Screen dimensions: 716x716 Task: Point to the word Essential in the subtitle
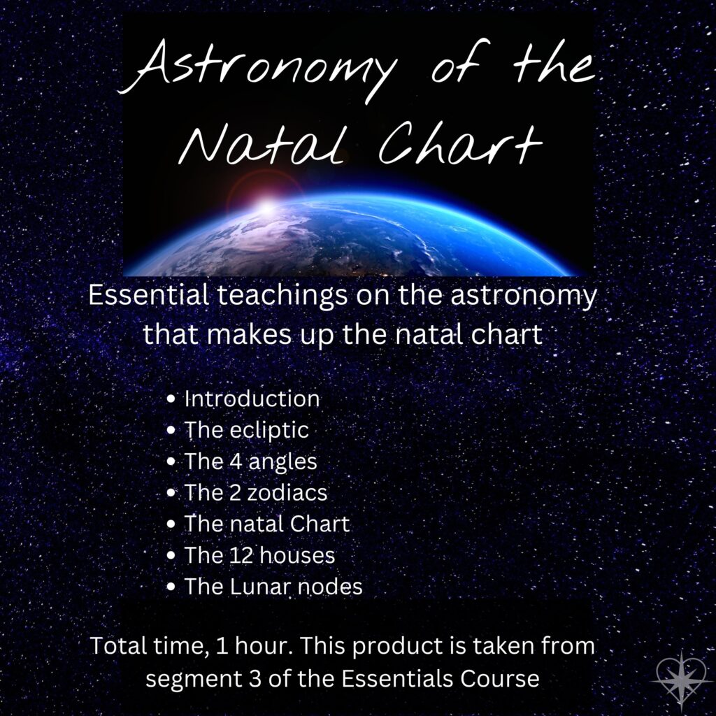coord(148,295)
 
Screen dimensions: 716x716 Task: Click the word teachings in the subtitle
coord(282,296)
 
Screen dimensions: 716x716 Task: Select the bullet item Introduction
coord(252,399)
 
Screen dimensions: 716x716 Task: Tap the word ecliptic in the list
coord(269,430)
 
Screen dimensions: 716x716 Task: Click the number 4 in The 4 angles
coord(236,461)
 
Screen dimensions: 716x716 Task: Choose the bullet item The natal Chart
coord(266,524)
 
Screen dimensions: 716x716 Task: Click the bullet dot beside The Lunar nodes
coord(171,587)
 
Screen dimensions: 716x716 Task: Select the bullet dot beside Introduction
coord(171,399)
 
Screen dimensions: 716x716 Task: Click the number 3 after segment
coord(255,678)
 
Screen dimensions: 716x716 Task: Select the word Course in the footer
coord(499,678)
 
